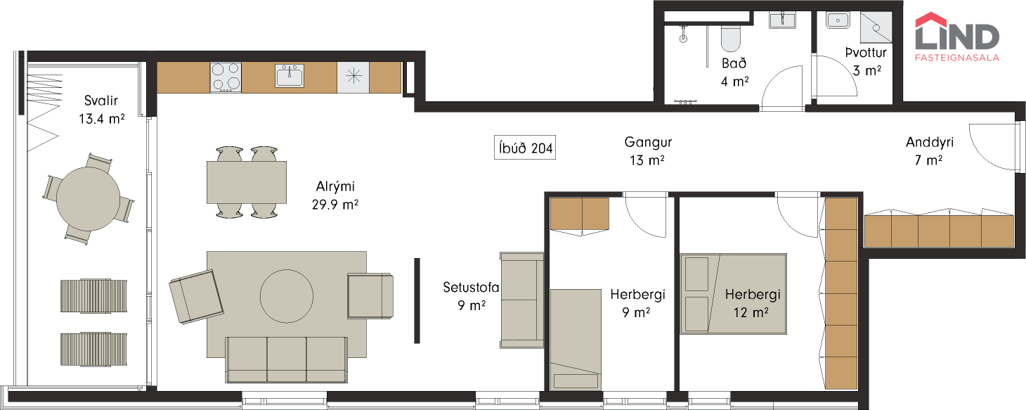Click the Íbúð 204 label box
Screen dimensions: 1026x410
tap(524, 147)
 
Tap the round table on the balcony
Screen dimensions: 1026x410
tap(88, 198)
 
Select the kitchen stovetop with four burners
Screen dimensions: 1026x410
tap(226, 77)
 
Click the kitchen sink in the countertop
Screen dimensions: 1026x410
tap(289, 76)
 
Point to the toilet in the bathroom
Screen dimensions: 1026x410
tap(730, 33)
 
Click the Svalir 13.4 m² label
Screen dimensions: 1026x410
tap(101, 110)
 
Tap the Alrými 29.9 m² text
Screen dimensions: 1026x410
tap(335, 196)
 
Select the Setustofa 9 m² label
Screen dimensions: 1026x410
tap(471, 296)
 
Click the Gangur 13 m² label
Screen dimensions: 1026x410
tap(648, 151)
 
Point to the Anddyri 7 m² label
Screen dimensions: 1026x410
tap(929, 151)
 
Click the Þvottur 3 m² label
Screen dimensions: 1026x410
tap(866, 61)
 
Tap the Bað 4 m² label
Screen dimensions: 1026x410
tap(734, 72)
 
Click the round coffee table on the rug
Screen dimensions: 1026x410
tap(287, 296)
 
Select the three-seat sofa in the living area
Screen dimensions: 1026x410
tap(286, 359)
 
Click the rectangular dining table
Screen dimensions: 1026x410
tap(247, 182)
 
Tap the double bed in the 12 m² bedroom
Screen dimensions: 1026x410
tap(734, 293)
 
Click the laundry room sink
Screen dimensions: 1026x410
tap(838, 20)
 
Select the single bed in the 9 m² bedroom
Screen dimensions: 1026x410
tap(576, 340)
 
